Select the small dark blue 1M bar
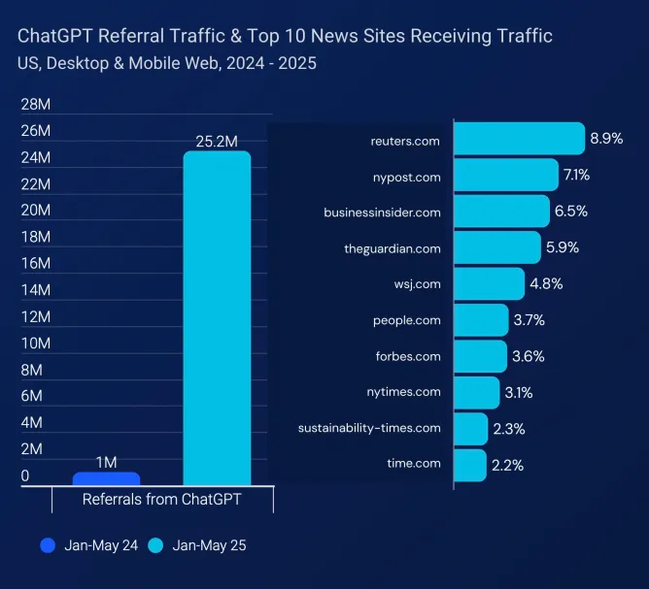[x=106, y=478]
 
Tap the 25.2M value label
[x=216, y=142]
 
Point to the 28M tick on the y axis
[x=36, y=104]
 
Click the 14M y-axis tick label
[x=36, y=289]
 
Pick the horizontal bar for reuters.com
[x=519, y=139]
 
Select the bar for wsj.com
[x=489, y=283]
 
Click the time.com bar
[x=470, y=464]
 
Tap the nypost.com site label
[x=406, y=177]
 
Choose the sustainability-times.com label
[x=369, y=427]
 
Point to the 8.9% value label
[x=606, y=139]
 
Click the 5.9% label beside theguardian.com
[x=563, y=247]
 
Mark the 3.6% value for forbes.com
[x=529, y=356]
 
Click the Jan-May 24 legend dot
[x=48, y=545]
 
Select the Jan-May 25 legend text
[x=209, y=545]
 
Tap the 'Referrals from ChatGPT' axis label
[x=161, y=500]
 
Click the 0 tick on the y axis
[x=25, y=475]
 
